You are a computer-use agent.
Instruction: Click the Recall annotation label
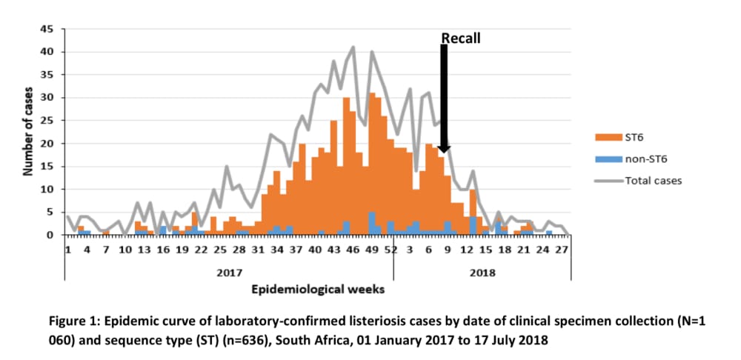(461, 38)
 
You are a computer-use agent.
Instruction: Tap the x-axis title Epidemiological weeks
(318, 289)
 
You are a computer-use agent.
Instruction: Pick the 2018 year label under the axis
(482, 272)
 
